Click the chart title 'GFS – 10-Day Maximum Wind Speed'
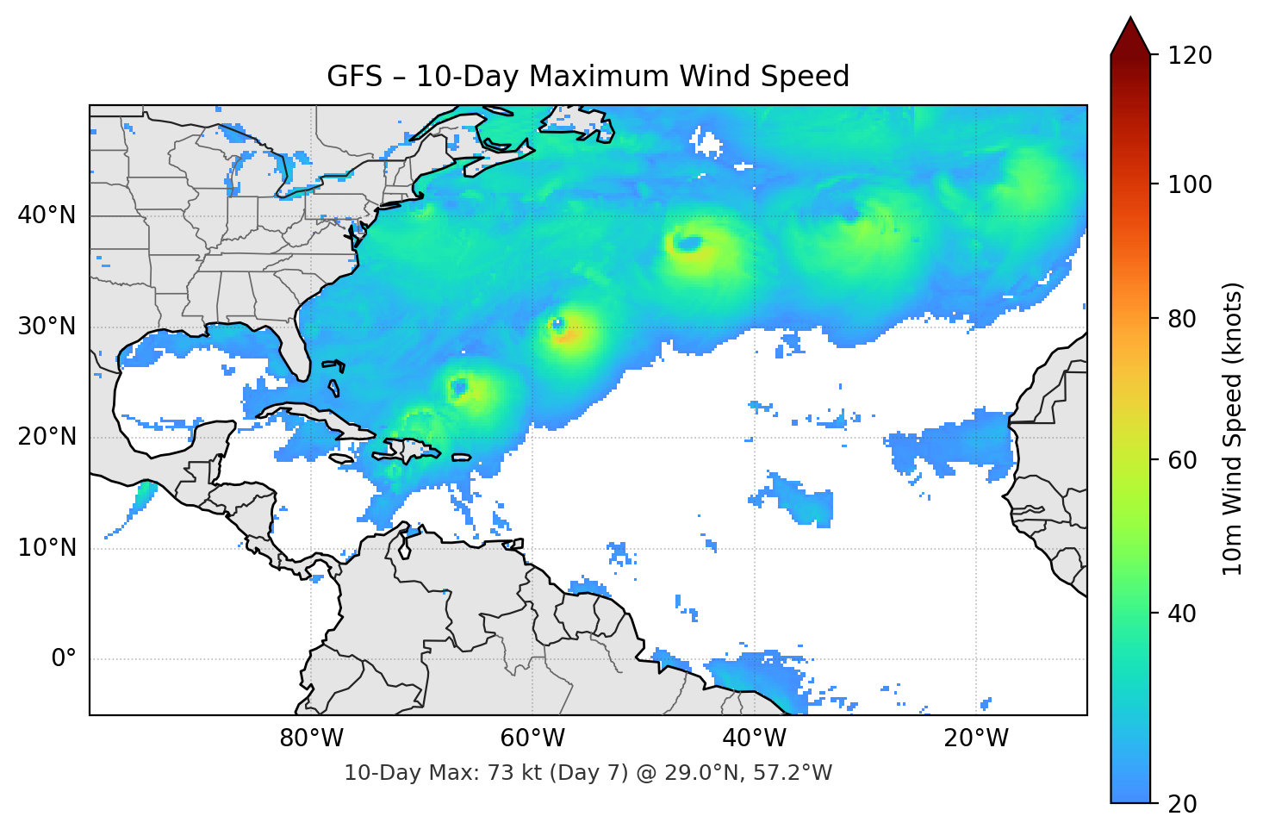click(588, 77)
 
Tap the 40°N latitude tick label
click(47, 215)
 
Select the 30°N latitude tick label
click(47, 327)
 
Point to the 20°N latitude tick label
click(47, 437)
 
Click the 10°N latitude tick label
click(47, 548)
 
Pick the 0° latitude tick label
click(64, 659)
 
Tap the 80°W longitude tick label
click(311, 738)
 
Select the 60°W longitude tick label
click(532, 738)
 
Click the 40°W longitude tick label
click(754, 738)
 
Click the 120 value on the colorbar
click(1190, 56)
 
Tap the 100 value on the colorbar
click(1190, 184)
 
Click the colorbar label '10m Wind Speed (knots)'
click(1233, 428)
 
